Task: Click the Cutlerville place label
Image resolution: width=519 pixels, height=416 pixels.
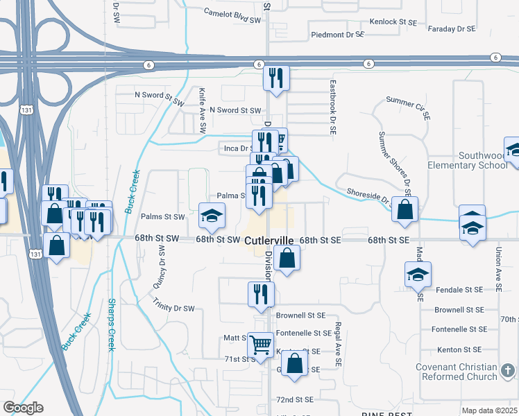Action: click(x=269, y=240)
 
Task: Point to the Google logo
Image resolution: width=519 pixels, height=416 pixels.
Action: click(x=23, y=408)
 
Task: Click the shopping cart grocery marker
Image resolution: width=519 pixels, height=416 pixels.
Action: click(x=261, y=343)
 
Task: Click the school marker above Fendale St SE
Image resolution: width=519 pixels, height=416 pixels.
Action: click(x=418, y=275)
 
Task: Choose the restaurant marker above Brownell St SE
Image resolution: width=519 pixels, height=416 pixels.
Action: click(x=261, y=293)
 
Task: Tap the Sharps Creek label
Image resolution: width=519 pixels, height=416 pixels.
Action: click(x=111, y=324)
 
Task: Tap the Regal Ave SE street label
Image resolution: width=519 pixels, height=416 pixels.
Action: click(x=338, y=345)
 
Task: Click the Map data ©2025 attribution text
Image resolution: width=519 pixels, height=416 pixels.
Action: click(x=489, y=410)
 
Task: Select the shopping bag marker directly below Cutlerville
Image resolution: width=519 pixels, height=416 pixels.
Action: click(x=286, y=259)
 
